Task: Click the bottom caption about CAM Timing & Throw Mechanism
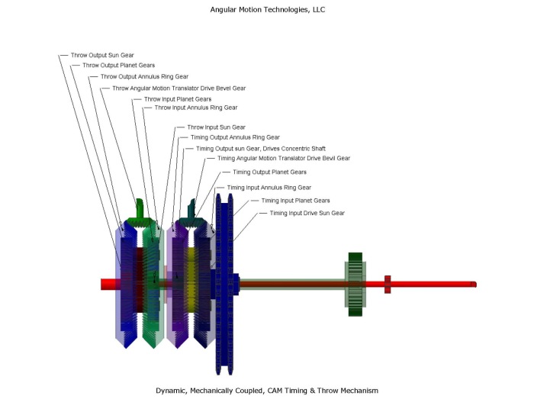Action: pyautogui.click(x=266, y=390)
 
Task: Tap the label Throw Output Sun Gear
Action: pyautogui.click(x=101, y=56)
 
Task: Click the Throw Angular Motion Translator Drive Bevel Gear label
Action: pyautogui.click(x=179, y=88)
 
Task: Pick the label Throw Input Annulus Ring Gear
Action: pyautogui.click(x=195, y=108)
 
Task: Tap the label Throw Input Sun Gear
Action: pyautogui.click(x=216, y=127)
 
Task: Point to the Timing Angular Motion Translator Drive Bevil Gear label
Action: pyautogui.click(x=284, y=159)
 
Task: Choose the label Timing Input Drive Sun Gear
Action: pyautogui.click(x=307, y=213)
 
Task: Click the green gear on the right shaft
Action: pyautogui.click(x=355, y=283)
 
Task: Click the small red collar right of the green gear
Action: pyautogui.click(x=388, y=283)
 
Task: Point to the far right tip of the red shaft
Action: pyautogui.click(x=474, y=285)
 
